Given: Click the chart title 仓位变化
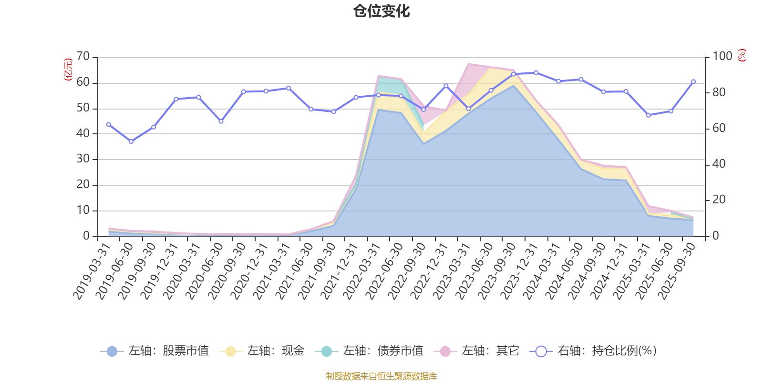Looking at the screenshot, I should pyautogui.click(x=381, y=11).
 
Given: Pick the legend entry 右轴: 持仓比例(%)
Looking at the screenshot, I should pyautogui.click(x=593, y=351).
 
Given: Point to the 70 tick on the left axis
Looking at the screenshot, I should pyautogui.click(x=83, y=57).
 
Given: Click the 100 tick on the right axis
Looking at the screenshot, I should pyautogui.click(x=722, y=57).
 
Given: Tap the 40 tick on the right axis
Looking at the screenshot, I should pyautogui.click(x=719, y=164).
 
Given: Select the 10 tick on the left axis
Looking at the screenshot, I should pyautogui.click(x=83, y=210).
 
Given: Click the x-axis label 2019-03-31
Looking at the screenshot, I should pyautogui.click(x=92, y=271).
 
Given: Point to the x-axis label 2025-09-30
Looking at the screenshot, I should pyautogui.click(x=677, y=271).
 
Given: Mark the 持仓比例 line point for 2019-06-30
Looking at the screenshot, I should pyautogui.click(x=131, y=141).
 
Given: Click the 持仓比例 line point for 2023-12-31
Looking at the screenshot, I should pyautogui.click(x=536, y=73).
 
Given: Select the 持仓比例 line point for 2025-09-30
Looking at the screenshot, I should pyautogui.click(x=693, y=81).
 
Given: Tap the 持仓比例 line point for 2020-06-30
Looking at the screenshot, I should pyautogui.click(x=221, y=121).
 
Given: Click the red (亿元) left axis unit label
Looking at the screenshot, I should pyautogui.click(x=68, y=70).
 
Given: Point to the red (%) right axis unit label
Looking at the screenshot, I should pyautogui.click(x=742, y=55).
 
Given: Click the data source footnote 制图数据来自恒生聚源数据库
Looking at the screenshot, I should pyautogui.click(x=381, y=376).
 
